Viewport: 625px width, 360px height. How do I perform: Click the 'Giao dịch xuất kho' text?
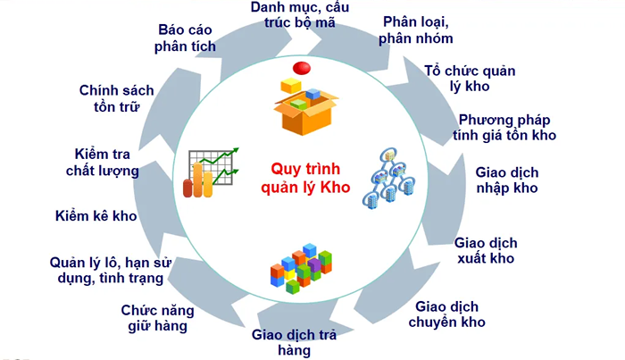[x=486, y=250]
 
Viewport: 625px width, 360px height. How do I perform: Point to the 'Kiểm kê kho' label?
[x=96, y=217]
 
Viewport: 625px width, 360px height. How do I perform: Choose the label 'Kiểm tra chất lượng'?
[x=102, y=162]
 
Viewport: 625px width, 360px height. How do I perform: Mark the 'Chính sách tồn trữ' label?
[x=117, y=98]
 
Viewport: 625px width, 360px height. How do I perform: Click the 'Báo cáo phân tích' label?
[x=190, y=37]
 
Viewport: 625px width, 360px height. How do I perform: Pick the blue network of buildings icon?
[x=390, y=175]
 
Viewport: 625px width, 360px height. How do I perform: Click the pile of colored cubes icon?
[x=301, y=266]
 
